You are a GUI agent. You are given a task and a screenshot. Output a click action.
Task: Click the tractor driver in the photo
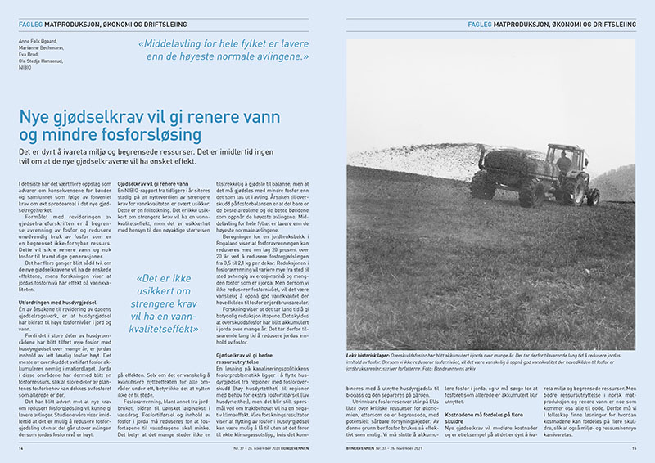pos(563,161)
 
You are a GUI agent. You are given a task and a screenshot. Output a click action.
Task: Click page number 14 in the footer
pos(22,448)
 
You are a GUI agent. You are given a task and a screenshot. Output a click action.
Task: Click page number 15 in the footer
pos(633,448)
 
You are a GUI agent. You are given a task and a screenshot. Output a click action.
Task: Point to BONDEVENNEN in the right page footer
pos(362,448)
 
